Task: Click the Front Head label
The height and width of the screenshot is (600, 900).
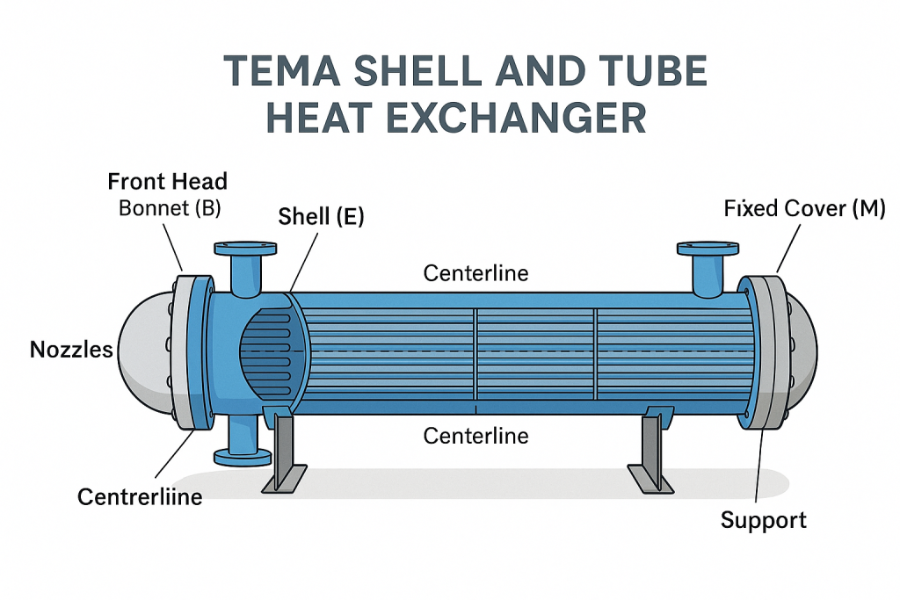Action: (167, 182)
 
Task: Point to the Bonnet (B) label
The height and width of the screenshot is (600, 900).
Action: (167, 209)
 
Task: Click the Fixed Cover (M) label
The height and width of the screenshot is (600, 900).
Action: (804, 209)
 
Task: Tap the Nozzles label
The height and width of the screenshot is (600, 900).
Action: (72, 350)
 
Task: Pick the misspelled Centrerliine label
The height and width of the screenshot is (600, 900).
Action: (141, 496)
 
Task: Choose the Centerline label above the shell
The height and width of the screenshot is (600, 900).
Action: (475, 273)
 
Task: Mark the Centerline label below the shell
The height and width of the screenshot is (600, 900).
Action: (475, 435)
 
